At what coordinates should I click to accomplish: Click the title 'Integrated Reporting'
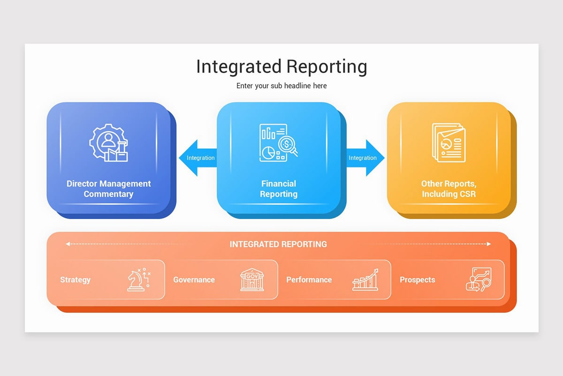click(281, 67)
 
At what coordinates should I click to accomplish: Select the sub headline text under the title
click(281, 86)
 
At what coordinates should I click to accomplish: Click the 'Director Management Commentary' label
click(109, 189)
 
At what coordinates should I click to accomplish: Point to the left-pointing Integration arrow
click(197, 158)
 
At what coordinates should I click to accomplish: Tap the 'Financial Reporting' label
click(279, 189)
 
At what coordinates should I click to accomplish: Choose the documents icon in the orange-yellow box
click(449, 143)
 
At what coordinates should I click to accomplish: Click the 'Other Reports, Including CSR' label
click(449, 189)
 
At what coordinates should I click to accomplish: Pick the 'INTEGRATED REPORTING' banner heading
click(278, 244)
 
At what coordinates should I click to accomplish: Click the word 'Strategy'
click(75, 280)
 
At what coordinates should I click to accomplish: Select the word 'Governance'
click(194, 280)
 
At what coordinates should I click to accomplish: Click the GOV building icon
click(252, 280)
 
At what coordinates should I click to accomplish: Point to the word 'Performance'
click(309, 280)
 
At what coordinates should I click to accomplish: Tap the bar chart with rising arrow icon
click(365, 280)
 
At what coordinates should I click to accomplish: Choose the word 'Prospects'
click(417, 280)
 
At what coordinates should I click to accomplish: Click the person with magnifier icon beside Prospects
click(478, 280)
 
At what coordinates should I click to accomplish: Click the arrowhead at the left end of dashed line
click(68, 244)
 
